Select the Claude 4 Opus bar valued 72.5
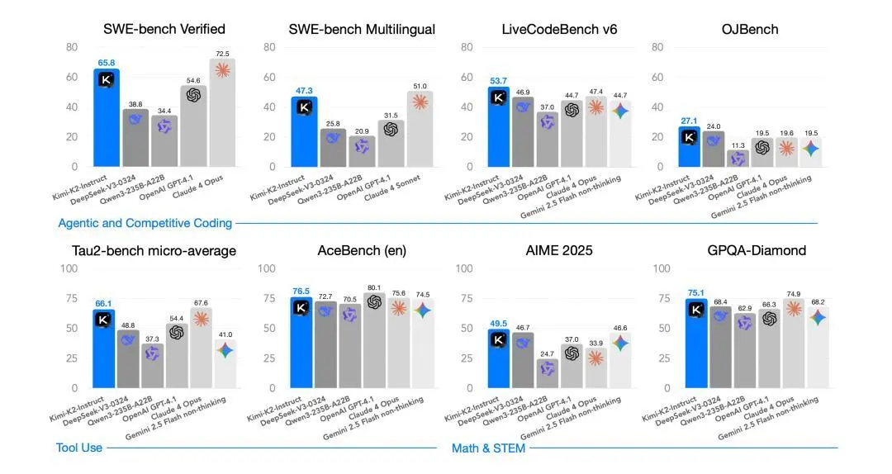tap(222, 116)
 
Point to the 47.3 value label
tap(303, 90)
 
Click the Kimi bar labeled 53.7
tap(498, 124)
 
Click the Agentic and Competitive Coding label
tap(145, 223)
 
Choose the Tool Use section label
tap(79, 448)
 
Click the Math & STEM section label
tap(488, 448)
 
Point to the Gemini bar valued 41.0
tap(225, 363)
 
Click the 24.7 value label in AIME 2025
tap(546, 353)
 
